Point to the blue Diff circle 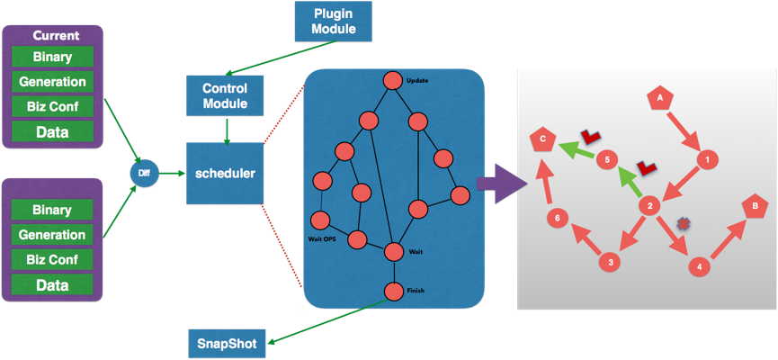[x=144, y=171]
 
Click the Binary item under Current [x=52, y=57]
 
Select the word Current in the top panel [x=56, y=36]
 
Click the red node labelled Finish [x=393, y=292]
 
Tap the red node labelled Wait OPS [x=319, y=220]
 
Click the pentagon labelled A [x=660, y=96]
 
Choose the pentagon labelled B [x=754, y=206]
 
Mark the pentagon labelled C [x=541, y=139]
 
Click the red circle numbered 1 [x=708, y=159]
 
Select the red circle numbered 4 [x=698, y=266]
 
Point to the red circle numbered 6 [x=558, y=217]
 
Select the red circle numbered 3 [x=611, y=262]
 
